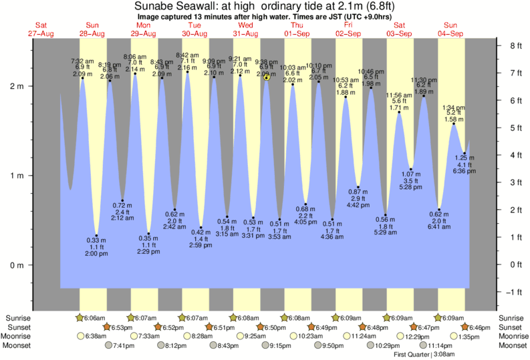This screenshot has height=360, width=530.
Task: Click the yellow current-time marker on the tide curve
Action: pyautogui.click(x=267, y=77)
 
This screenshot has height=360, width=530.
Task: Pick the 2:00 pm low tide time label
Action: pyautogui.click(x=96, y=254)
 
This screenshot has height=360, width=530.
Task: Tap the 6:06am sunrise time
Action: pyautogui.click(x=94, y=318)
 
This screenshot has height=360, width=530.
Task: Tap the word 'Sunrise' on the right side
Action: pyautogui.click(x=511, y=318)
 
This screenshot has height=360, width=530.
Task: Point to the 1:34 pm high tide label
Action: pyautogui.click(x=452, y=108)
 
